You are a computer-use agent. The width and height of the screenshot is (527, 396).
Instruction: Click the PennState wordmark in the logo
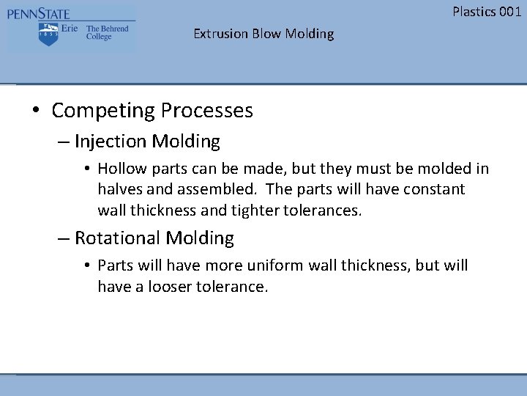coord(38,13)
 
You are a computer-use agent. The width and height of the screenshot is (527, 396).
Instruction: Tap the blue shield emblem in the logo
coord(48,33)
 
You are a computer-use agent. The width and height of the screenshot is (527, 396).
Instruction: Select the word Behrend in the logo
coord(113,29)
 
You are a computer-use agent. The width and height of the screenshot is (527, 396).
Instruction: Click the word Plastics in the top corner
coord(474,11)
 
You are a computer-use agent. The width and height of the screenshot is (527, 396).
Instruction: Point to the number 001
coord(509,11)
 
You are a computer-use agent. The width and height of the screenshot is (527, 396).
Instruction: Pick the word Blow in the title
coord(268,34)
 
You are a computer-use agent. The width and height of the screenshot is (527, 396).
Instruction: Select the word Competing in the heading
coord(103,111)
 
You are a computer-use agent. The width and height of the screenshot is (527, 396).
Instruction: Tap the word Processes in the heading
coord(207,111)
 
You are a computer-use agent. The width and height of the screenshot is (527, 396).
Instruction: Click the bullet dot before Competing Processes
coord(36,111)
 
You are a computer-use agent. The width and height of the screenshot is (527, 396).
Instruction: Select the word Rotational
coord(118,238)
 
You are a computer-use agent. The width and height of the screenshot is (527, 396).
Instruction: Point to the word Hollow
coord(121,169)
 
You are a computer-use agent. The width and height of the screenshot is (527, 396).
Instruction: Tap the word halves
coord(119,189)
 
